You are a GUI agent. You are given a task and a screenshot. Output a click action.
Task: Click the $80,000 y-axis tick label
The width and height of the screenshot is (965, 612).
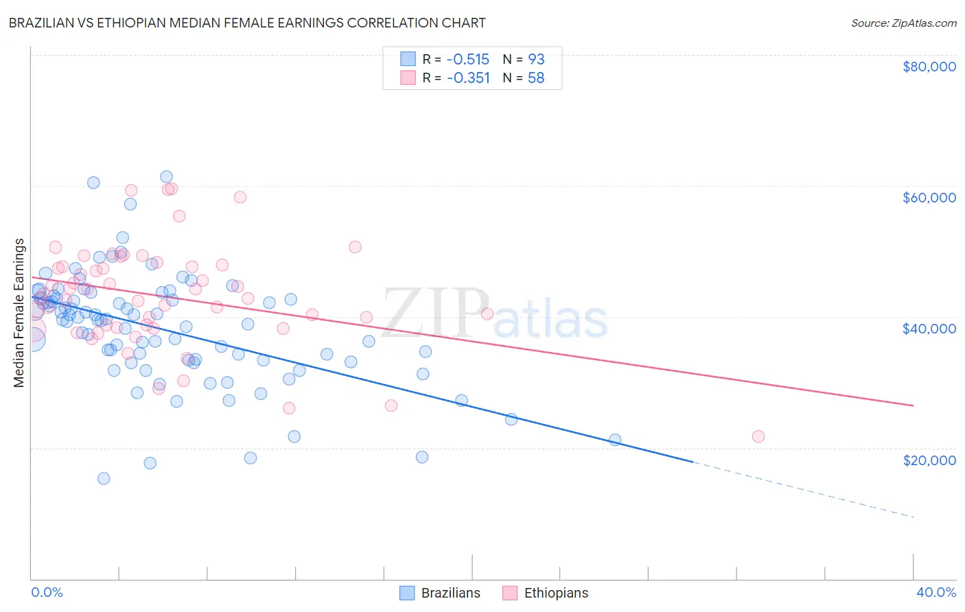point(929,67)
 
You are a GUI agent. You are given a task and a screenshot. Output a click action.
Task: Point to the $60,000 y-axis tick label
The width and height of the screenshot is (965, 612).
point(929,198)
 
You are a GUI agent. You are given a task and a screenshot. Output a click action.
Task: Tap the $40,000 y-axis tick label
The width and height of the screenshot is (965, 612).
point(929,329)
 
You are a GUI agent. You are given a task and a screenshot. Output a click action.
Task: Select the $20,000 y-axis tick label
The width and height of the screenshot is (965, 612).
point(929,460)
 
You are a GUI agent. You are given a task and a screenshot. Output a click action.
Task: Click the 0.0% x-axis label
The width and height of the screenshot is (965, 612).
point(47,592)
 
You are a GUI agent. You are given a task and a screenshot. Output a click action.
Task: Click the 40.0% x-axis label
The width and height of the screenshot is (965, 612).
point(935,592)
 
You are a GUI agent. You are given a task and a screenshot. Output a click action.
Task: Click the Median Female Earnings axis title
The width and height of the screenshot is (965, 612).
point(19,313)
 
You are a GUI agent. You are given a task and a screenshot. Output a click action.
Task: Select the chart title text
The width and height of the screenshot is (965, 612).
point(247,23)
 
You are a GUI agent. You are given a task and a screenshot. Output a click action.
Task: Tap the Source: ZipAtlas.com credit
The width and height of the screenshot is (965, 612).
point(903,23)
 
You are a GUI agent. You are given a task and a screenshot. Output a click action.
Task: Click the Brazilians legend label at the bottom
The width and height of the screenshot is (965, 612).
point(450,593)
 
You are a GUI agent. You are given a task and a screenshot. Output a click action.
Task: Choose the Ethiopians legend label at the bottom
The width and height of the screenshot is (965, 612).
point(556,593)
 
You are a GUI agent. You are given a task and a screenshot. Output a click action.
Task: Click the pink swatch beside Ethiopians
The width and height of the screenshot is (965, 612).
point(510,593)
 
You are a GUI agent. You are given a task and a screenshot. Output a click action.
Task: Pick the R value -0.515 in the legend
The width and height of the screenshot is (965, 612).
point(468,59)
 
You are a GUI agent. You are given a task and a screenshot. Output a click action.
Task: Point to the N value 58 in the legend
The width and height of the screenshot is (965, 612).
point(536,78)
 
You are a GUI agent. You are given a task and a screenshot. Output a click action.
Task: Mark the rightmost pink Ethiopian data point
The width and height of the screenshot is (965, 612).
point(758,436)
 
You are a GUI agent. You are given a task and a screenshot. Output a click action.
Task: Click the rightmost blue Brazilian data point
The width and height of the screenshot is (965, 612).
point(615,440)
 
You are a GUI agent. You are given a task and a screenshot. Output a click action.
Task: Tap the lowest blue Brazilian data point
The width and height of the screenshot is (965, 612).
point(104,478)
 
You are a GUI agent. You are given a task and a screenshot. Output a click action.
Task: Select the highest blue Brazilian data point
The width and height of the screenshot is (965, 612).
point(166,177)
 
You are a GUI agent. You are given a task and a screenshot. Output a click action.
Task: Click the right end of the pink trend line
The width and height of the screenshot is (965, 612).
point(912,405)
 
